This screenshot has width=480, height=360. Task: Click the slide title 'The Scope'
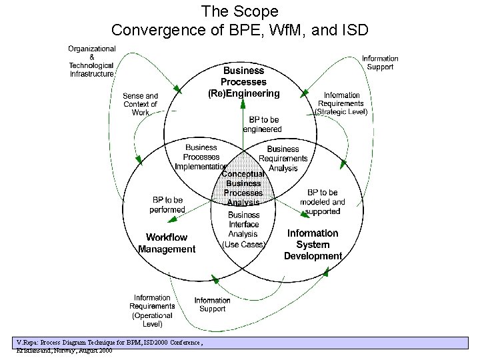point(239,11)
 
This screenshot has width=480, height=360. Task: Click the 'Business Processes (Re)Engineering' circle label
point(243,82)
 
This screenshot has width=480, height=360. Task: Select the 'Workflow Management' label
point(167,243)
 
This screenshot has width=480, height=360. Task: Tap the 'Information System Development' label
point(313,245)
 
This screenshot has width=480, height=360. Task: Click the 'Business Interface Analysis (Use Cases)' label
point(243,229)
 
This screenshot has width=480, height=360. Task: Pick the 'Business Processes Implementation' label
point(201,157)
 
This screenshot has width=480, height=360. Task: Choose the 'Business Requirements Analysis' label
point(283,159)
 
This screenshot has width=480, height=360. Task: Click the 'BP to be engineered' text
point(263,124)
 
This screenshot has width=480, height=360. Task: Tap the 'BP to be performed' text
point(167,205)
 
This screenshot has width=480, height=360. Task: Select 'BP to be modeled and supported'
point(323,202)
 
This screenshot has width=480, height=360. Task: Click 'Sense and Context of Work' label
point(140,105)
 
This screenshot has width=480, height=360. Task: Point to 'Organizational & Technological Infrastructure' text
point(91,61)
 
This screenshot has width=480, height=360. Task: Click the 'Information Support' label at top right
point(380,63)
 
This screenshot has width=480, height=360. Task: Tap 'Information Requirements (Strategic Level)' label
point(341,104)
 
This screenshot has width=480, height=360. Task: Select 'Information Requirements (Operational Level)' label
point(152,311)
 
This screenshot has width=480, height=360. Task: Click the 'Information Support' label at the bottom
point(213,305)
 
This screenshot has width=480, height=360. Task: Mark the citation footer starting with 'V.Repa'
point(110,345)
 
